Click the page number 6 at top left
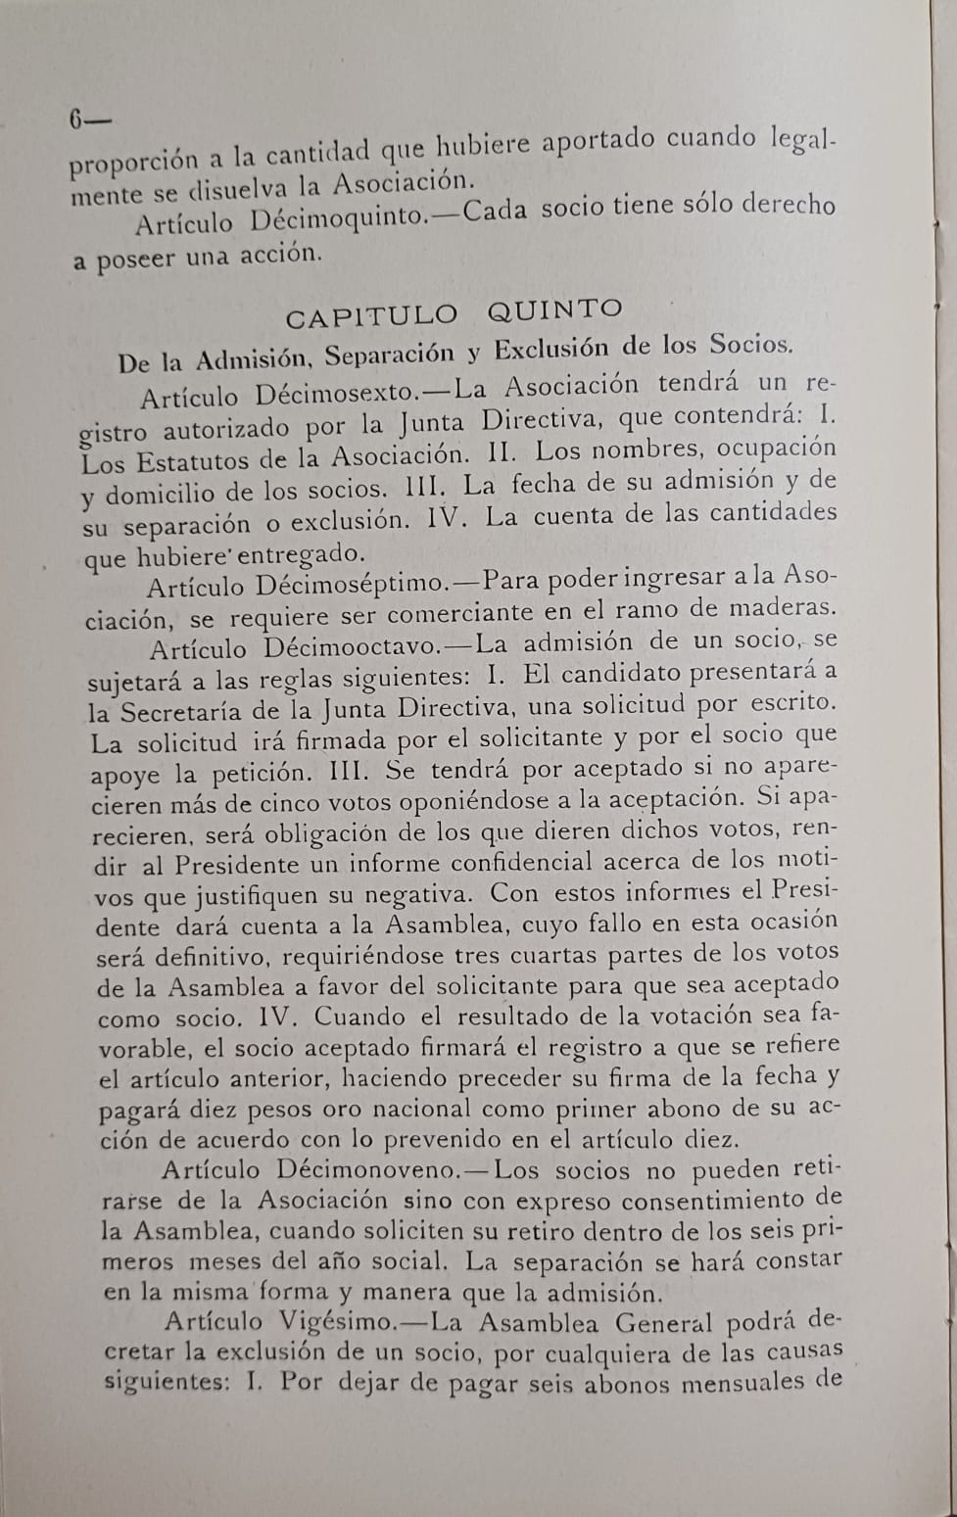click(76, 119)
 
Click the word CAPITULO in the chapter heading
click(371, 316)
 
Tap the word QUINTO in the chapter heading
click(554, 310)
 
